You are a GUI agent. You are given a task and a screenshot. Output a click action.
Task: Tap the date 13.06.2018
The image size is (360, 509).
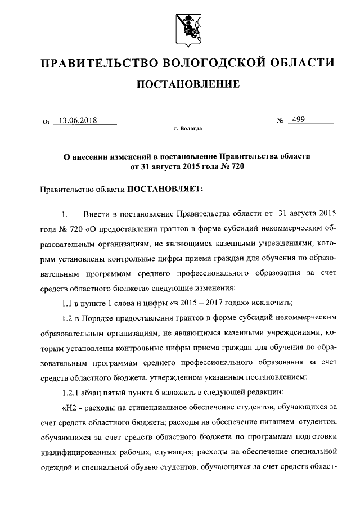click(x=78, y=120)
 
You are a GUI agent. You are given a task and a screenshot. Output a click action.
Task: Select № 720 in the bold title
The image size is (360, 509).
click(x=234, y=166)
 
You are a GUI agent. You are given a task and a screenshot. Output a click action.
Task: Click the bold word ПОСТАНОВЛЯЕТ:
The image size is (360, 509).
click(x=163, y=190)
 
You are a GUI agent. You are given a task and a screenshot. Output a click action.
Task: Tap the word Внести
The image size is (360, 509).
click(x=97, y=214)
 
